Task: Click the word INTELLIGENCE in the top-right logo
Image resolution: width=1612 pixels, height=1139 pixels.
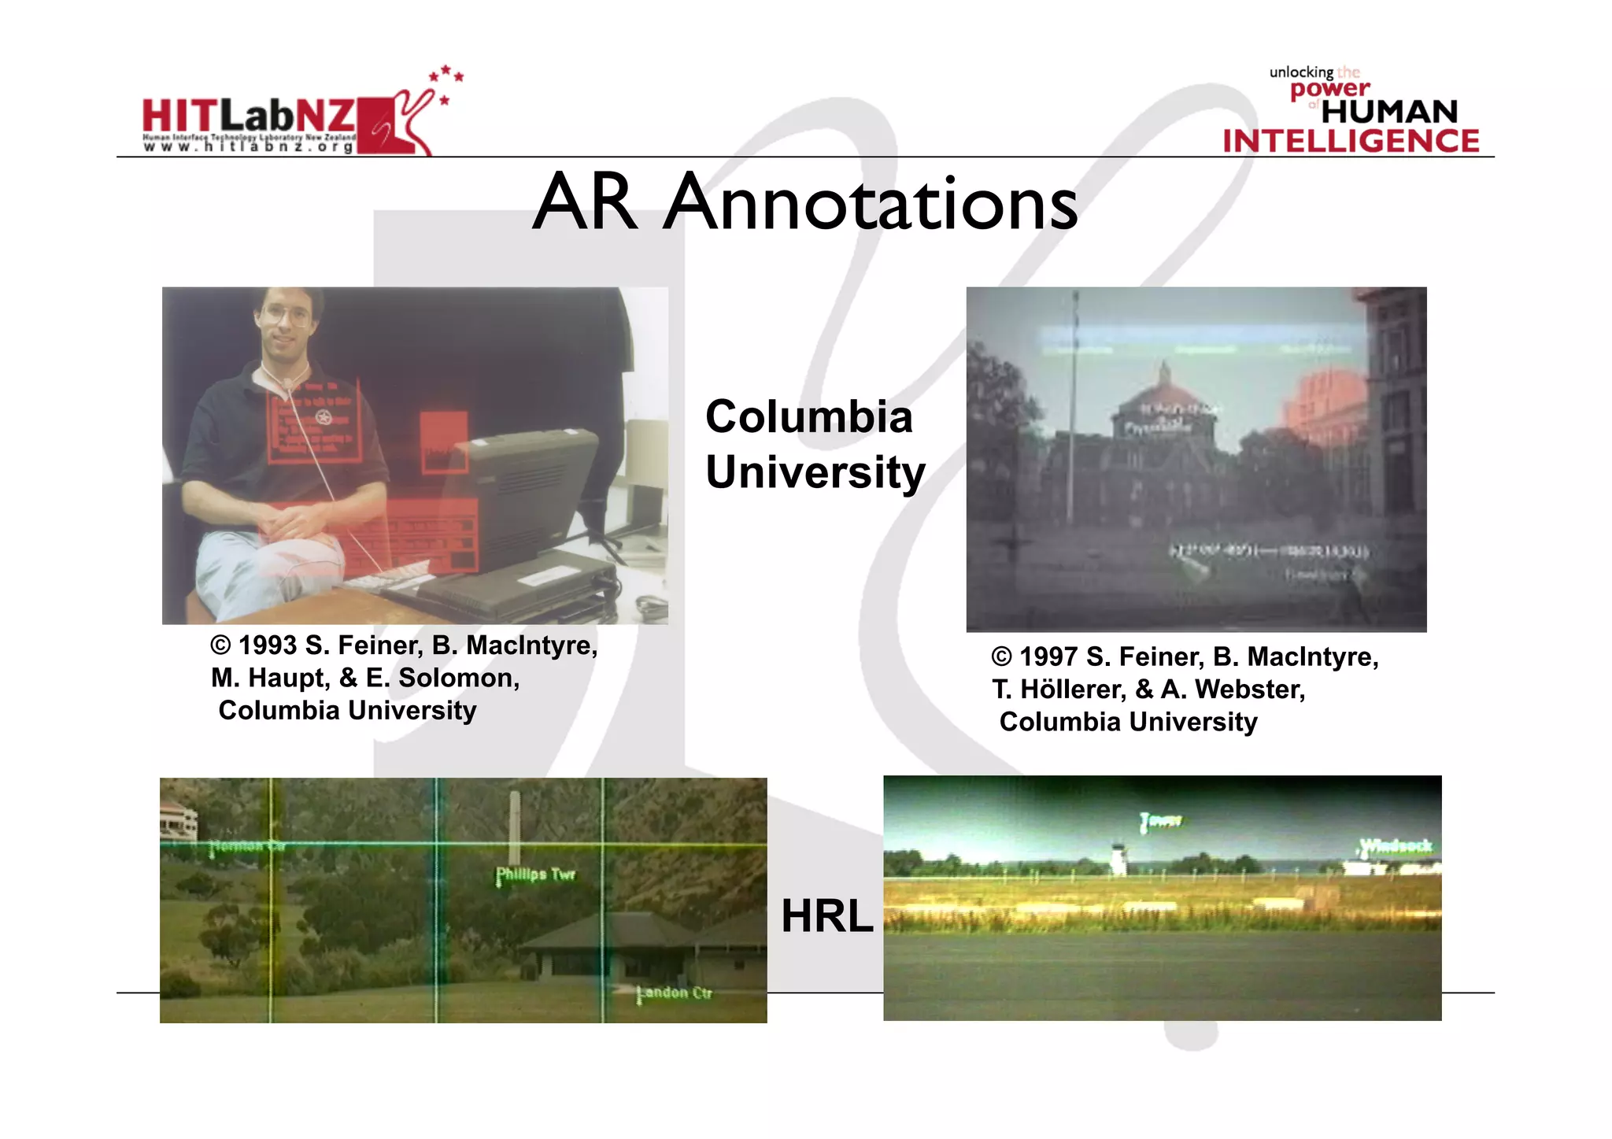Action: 1351,142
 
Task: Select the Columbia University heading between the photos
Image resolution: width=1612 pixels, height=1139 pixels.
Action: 814,444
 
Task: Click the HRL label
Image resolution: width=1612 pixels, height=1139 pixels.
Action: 826,916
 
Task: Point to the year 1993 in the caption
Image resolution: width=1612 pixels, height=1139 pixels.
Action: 268,645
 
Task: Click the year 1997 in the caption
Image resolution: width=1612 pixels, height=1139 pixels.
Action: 1048,656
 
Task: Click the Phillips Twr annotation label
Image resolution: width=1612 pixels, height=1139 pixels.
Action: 535,875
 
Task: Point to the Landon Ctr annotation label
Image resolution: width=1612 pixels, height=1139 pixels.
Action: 675,993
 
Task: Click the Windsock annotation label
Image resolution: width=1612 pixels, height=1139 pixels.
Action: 1396,846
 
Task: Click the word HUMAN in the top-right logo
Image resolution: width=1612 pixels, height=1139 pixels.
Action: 1389,112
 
